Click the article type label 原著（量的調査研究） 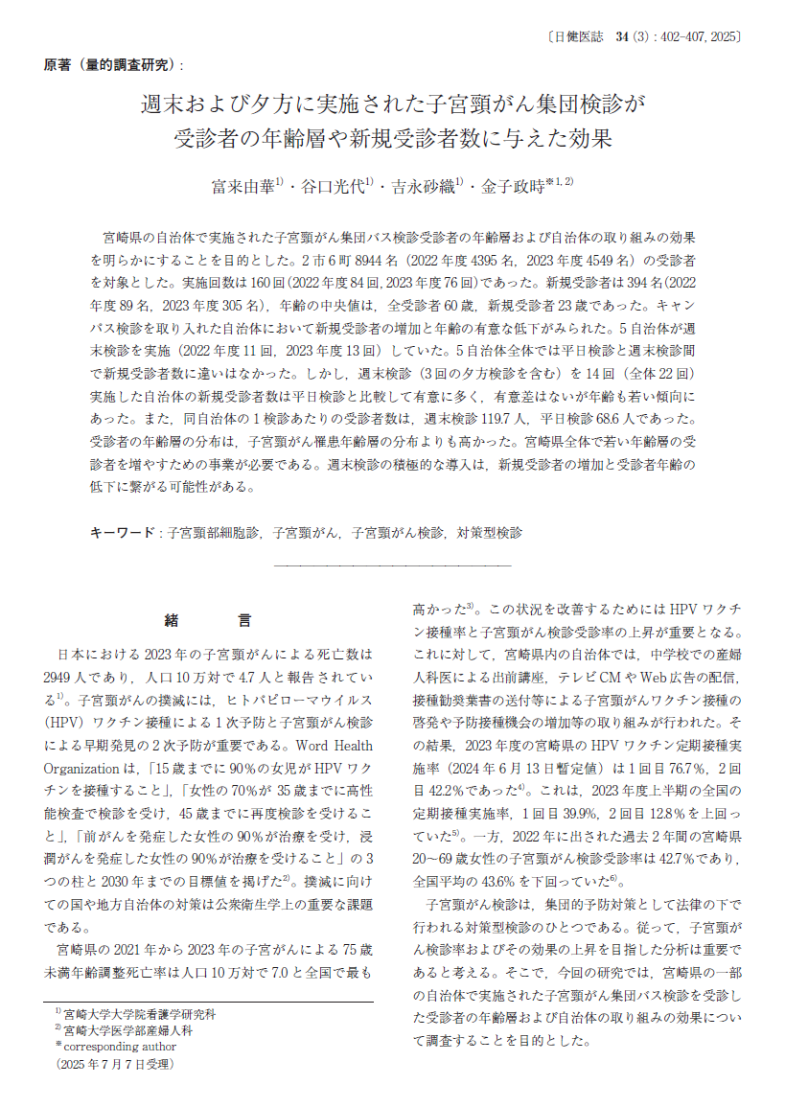tap(112, 66)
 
